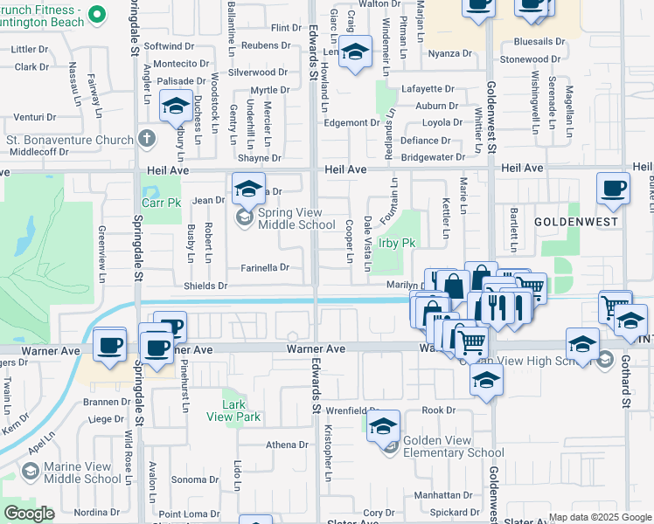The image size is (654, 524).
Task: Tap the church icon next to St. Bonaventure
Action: pos(146,139)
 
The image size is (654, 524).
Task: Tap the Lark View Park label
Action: pos(241,410)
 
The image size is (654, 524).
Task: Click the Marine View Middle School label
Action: pos(82,472)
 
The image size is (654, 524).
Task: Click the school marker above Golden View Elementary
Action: pos(383,426)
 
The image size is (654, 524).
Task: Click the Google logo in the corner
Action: pos(29,514)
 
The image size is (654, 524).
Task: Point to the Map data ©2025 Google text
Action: pos(600,517)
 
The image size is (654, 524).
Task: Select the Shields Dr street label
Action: pos(205,286)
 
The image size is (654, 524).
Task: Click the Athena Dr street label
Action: pos(288,445)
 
